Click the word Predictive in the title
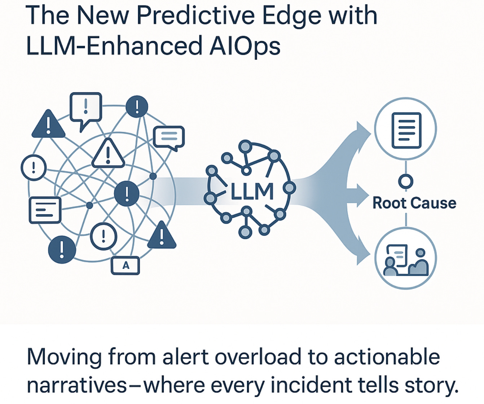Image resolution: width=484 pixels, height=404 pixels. (196, 16)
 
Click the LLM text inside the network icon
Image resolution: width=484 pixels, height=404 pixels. (252, 192)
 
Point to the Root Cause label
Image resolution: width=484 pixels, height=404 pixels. (414, 203)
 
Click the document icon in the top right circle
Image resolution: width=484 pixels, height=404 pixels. (406, 130)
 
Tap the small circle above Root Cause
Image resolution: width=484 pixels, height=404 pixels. (406, 181)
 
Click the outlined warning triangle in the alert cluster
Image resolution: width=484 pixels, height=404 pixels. (108, 154)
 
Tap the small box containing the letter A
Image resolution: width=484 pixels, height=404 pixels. (125, 265)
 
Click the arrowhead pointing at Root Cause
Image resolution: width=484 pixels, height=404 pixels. (362, 195)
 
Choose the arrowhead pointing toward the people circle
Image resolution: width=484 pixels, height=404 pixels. (362, 257)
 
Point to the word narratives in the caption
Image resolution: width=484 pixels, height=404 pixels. (77, 386)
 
